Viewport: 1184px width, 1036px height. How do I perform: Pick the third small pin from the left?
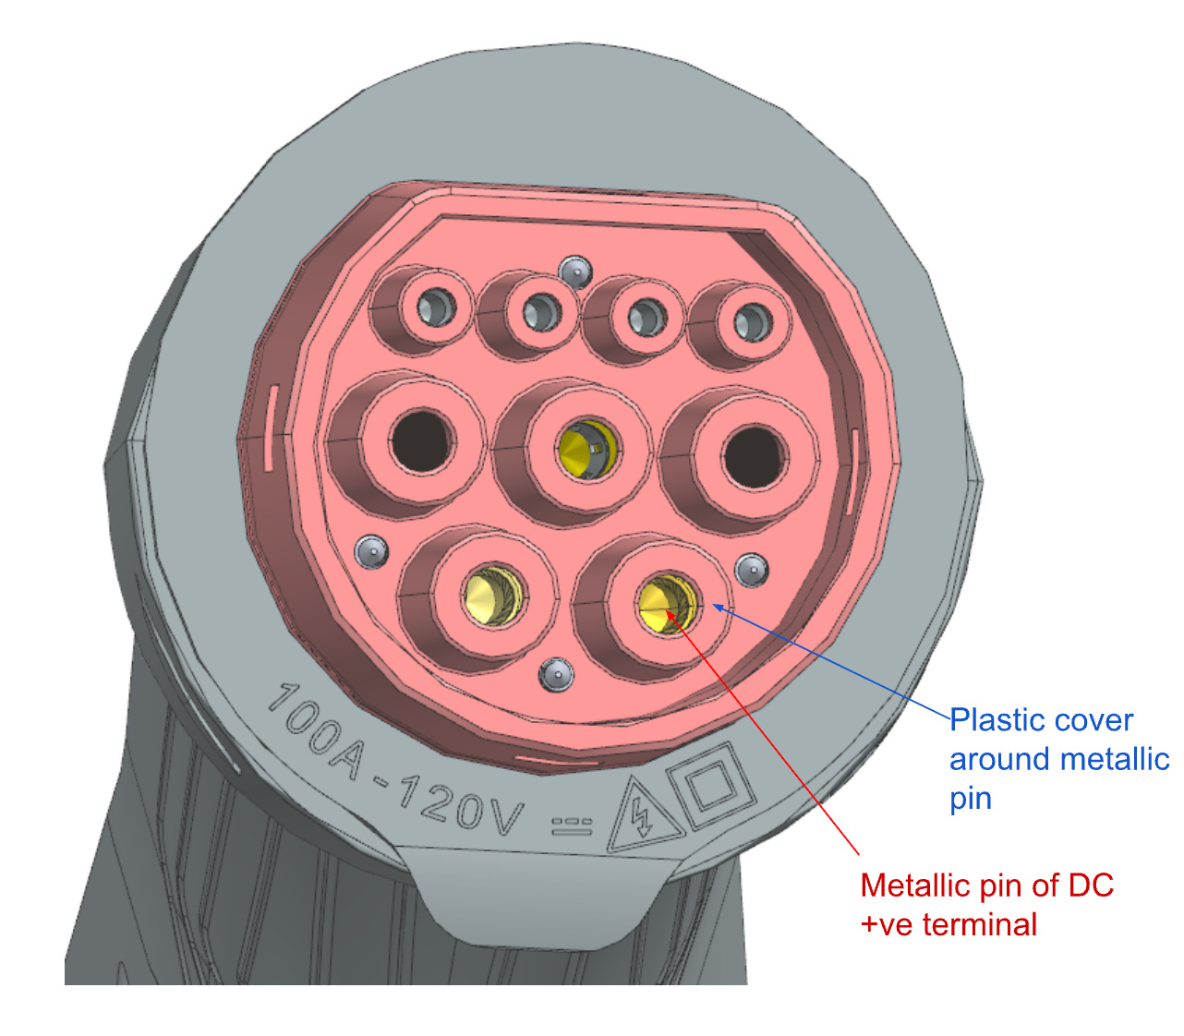coord(645,317)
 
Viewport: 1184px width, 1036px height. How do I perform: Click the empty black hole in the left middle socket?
coord(421,441)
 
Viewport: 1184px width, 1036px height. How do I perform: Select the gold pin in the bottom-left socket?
coord(491,596)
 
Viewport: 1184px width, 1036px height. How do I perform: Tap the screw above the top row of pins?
coord(575,270)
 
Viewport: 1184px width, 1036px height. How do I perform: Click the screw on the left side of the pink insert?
coord(371,551)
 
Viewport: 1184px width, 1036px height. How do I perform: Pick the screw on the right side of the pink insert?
coord(752,569)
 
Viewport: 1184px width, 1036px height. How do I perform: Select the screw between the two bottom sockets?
coord(557,674)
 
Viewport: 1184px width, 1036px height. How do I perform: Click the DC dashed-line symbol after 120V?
coord(573,825)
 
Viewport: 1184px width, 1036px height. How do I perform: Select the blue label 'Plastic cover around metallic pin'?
coord(1058,759)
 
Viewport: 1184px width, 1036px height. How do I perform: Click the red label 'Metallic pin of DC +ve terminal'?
coord(986,905)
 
